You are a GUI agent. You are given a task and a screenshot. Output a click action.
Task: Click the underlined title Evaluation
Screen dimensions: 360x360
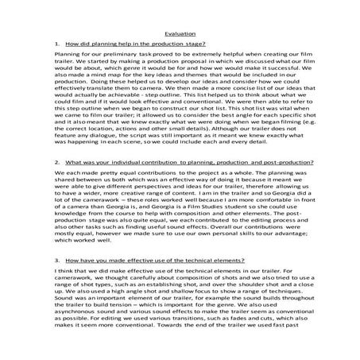coord(180,34)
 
